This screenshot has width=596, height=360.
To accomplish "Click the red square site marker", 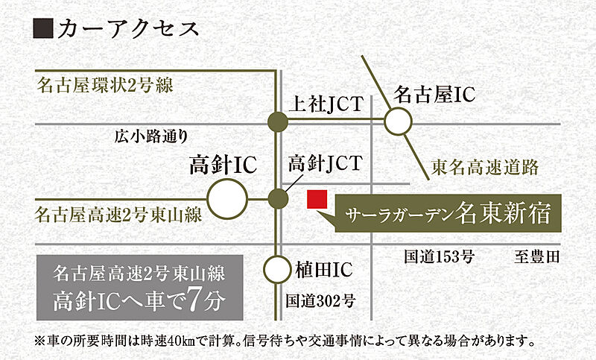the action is (x=317, y=200).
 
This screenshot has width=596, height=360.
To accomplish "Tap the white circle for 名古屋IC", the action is (x=398, y=121).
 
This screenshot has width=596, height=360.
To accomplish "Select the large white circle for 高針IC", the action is (x=227, y=199).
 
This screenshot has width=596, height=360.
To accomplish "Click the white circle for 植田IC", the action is (x=277, y=270).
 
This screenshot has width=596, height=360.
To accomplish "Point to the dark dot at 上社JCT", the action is (x=277, y=122).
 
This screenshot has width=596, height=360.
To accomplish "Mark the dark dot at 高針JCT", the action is (x=278, y=199).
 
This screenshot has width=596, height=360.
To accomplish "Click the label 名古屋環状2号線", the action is (x=104, y=85).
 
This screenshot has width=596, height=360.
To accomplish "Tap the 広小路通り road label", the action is (x=151, y=136).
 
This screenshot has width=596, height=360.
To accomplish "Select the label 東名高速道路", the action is (x=485, y=167).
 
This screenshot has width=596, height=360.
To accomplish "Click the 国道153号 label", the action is (x=439, y=257).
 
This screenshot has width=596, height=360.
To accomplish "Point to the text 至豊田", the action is (x=537, y=257).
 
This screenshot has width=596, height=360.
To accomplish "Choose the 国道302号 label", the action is (x=320, y=300).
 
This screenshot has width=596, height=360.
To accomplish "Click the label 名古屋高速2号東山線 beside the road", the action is (x=118, y=215).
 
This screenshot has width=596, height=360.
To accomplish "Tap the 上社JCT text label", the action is (x=326, y=104).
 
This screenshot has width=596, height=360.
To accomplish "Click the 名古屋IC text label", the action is (x=434, y=94).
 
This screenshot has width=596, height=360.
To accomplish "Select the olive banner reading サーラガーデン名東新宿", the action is (x=448, y=213).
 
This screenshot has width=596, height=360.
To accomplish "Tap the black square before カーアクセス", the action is (x=43, y=28).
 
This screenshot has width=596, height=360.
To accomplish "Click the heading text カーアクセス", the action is (x=128, y=28).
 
